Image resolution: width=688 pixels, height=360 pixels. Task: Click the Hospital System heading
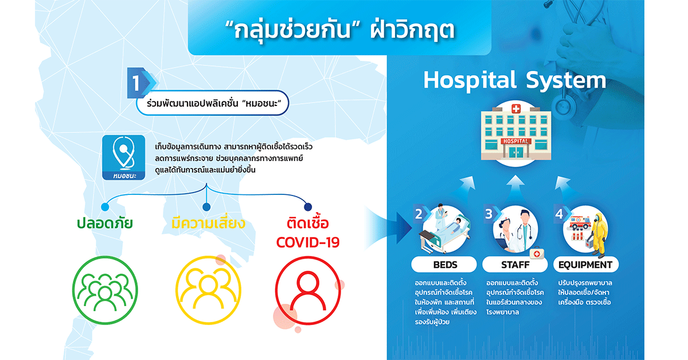[515, 80]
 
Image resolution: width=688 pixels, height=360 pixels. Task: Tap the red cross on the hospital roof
[516, 108]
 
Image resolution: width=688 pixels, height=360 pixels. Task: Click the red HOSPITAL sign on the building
[516, 141]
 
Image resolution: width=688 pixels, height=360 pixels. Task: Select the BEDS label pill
[444, 264]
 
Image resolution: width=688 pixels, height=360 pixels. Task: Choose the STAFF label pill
[515, 264]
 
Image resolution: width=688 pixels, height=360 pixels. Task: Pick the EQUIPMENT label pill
[586, 264]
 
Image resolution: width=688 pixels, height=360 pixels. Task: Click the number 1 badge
[140, 83]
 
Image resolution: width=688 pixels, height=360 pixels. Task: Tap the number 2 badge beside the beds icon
[421, 214]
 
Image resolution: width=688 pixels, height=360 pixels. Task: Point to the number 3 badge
[491, 214]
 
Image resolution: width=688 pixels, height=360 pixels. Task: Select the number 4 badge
[561, 214]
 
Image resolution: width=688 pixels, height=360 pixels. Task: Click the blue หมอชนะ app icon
[123, 157]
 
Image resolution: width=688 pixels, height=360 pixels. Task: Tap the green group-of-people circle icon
[105, 290]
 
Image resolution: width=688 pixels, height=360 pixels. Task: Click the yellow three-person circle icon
[208, 290]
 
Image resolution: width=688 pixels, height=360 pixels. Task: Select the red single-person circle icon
[308, 290]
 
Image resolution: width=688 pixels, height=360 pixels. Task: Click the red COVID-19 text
[308, 242]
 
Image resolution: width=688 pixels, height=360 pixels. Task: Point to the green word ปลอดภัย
[105, 223]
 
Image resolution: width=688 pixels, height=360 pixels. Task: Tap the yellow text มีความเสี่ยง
[208, 222]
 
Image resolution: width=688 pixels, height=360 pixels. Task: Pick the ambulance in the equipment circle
[580, 222]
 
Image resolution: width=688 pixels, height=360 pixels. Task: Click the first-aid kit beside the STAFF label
[537, 253]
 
